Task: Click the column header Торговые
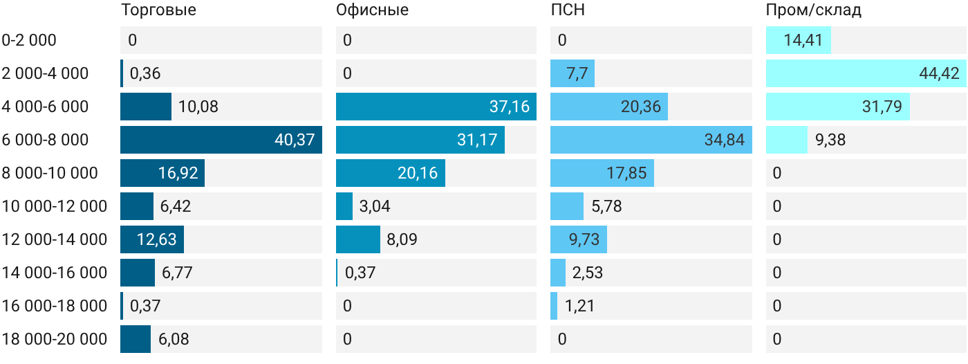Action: click(158, 10)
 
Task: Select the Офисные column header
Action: click(372, 10)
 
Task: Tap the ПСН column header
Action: click(568, 10)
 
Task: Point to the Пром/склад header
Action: click(813, 10)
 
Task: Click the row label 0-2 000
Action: click(29, 40)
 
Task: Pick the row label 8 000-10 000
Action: click(50, 173)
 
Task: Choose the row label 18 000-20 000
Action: click(55, 339)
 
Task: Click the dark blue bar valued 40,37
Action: click(221, 140)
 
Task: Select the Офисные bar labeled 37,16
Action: click(436, 107)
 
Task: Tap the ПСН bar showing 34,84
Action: click(651, 140)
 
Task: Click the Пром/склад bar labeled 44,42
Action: click(866, 73)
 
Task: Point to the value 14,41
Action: click(803, 40)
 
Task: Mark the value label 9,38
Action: click(830, 140)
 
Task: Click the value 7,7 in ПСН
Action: click(577, 73)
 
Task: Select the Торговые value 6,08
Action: click(174, 339)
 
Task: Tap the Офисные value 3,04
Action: click(375, 206)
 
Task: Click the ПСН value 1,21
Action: click(579, 306)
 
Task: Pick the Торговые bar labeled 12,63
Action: click(152, 239)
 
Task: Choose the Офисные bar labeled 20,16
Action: click(391, 173)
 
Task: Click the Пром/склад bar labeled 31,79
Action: click(838, 107)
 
